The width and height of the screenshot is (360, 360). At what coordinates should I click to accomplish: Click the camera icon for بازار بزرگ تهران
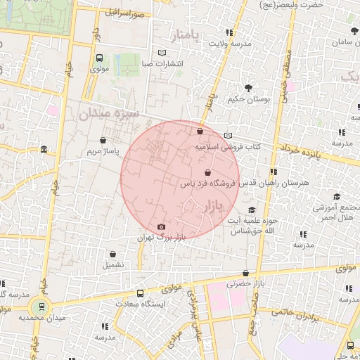tap(162, 227)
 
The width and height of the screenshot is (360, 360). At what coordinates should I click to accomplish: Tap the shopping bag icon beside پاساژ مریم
tap(104, 139)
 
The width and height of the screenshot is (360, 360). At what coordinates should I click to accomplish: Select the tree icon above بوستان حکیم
tap(249, 88)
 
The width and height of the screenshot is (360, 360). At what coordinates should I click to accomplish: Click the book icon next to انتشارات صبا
tap(163, 53)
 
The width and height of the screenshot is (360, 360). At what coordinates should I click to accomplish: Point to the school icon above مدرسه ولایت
tap(229, 32)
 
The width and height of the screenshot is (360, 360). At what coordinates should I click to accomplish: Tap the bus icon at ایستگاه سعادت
tap(141, 293)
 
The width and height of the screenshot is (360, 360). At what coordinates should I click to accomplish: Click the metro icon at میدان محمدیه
tap(41, 307)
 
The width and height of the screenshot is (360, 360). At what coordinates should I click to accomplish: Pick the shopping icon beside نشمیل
tap(112, 254)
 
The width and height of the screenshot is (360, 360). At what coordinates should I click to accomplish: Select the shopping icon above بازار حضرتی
tap(245, 273)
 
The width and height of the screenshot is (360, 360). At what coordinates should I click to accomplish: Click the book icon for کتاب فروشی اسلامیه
tap(227, 136)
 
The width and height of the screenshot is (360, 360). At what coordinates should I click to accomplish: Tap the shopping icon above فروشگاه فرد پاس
tap(207, 172)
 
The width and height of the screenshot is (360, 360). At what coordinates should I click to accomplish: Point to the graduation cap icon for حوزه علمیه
tap(252, 210)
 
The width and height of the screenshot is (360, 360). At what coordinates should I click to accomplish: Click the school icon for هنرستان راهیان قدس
tap(273, 172)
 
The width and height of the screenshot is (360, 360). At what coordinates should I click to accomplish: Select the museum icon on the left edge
tap(44, 150)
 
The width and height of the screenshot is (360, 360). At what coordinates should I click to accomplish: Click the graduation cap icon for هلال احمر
tap(336, 197)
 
